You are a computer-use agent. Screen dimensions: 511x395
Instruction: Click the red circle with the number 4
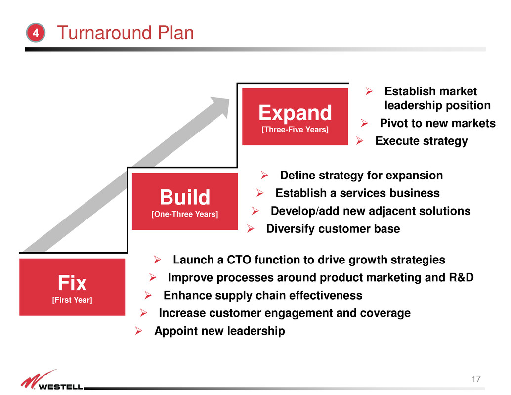pos(36,33)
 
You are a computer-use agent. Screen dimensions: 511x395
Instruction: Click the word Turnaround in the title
pos(104,33)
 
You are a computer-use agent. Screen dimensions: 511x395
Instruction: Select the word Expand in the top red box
pos(295,113)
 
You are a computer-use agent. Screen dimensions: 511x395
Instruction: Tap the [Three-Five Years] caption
pos(295,130)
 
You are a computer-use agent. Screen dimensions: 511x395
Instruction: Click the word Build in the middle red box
pos(185,197)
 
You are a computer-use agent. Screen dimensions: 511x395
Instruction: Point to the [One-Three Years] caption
pos(185,214)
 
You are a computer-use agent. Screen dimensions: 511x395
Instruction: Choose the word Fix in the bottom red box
pos(72,283)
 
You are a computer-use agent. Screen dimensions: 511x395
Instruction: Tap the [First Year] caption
pos(72,300)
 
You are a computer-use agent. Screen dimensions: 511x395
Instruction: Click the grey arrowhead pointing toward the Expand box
pos(221,106)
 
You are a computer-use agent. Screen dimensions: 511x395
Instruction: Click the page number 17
pos(476,379)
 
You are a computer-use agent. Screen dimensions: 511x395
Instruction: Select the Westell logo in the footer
pos(52,380)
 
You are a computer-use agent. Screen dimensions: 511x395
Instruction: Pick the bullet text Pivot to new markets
pos(437,123)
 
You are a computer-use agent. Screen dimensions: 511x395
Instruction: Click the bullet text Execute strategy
pos(422,141)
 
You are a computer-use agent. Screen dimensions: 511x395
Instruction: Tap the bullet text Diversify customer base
pos(333,229)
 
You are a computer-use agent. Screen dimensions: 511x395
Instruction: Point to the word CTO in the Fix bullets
pos(239,260)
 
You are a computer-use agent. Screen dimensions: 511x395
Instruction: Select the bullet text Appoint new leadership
pos(219,331)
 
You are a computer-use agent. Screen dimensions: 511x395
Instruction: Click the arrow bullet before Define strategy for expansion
pos(264,176)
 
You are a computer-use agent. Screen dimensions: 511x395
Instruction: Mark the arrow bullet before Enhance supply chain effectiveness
pos(148,295)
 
